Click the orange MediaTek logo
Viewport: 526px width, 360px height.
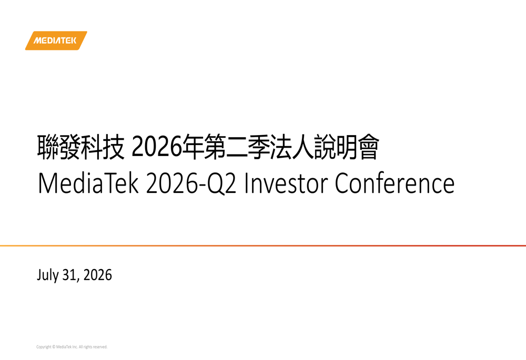click(x=56, y=40)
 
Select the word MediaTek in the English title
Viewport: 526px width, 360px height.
click(x=88, y=183)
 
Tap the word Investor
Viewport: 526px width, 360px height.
click(x=286, y=183)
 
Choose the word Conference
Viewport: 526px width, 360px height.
click(x=395, y=183)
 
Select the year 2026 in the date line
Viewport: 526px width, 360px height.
click(x=98, y=275)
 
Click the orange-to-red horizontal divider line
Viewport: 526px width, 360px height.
click(x=263, y=246)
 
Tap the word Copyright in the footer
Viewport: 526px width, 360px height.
click(x=44, y=347)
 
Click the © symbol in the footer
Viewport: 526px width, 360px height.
click(x=54, y=347)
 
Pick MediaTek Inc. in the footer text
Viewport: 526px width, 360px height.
click(x=67, y=347)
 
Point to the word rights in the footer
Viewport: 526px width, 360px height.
click(x=87, y=347)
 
